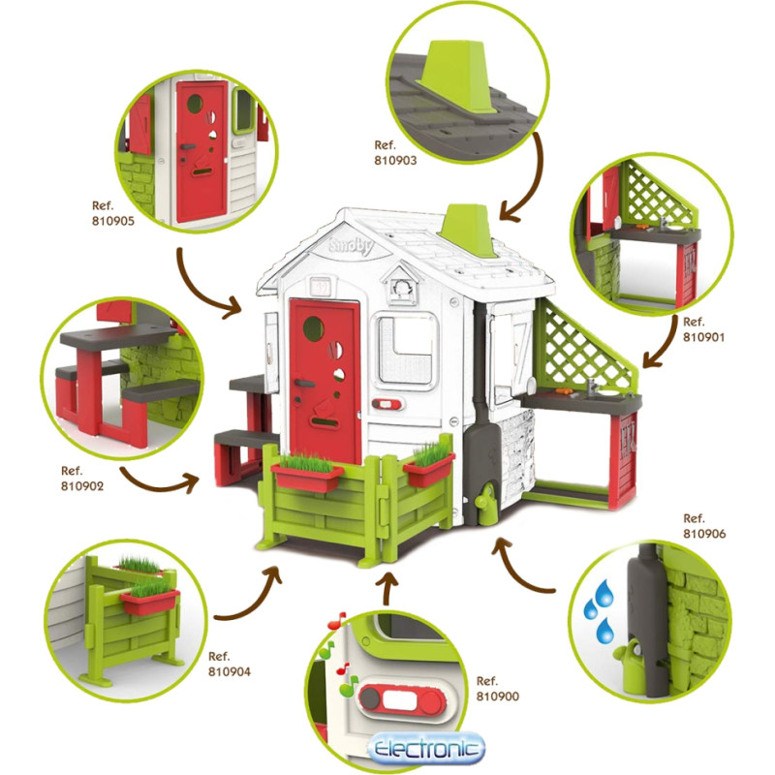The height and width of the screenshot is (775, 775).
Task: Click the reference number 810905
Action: pos(113,221)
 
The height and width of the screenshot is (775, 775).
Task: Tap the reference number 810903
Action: pos(395,161)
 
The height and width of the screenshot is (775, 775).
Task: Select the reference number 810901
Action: pos(704,337)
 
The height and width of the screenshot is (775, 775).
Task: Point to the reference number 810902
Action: pos(82,486)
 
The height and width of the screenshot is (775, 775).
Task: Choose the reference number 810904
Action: pos(230,671)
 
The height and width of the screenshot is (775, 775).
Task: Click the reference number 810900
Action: pos(498,697)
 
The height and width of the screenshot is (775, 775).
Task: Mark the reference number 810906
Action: pos(704,534)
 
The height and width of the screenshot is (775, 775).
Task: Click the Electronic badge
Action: pos(426,749)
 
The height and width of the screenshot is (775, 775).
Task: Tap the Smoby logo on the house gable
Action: pos(352,246)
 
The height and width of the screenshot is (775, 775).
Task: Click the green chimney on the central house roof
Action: pos(467,231)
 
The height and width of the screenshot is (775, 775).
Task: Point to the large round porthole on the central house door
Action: pos(313,328)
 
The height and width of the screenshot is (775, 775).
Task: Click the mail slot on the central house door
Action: pos(324,423)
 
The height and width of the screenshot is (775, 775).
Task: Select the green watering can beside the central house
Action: pos(485,498)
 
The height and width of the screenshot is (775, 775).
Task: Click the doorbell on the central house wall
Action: pos(387,404)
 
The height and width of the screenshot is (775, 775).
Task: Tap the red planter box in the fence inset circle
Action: pos(149,602)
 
